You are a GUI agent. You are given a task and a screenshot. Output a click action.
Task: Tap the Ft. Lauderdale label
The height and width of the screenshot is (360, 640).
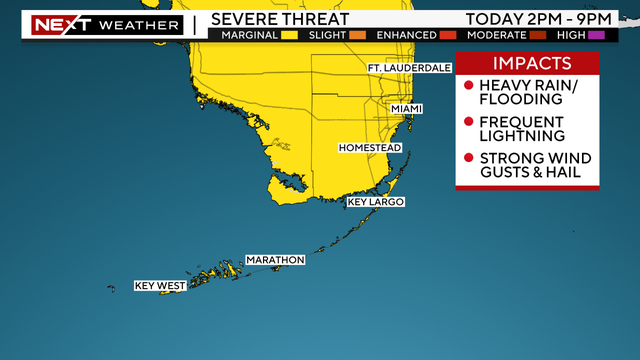410,68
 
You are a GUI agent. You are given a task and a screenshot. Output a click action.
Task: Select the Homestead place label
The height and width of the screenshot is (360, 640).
370,148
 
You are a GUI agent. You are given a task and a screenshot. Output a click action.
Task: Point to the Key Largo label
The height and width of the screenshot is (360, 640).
375,202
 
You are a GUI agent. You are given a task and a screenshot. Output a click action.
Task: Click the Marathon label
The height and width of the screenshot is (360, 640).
275,260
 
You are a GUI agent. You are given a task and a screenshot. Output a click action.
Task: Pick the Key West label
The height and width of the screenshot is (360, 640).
160,286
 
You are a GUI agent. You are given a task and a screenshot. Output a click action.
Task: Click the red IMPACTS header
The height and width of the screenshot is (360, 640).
527,64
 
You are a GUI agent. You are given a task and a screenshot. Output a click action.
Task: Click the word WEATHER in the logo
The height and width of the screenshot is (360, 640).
143,25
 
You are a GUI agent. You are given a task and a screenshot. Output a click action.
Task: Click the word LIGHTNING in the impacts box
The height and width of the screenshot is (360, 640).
523,135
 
